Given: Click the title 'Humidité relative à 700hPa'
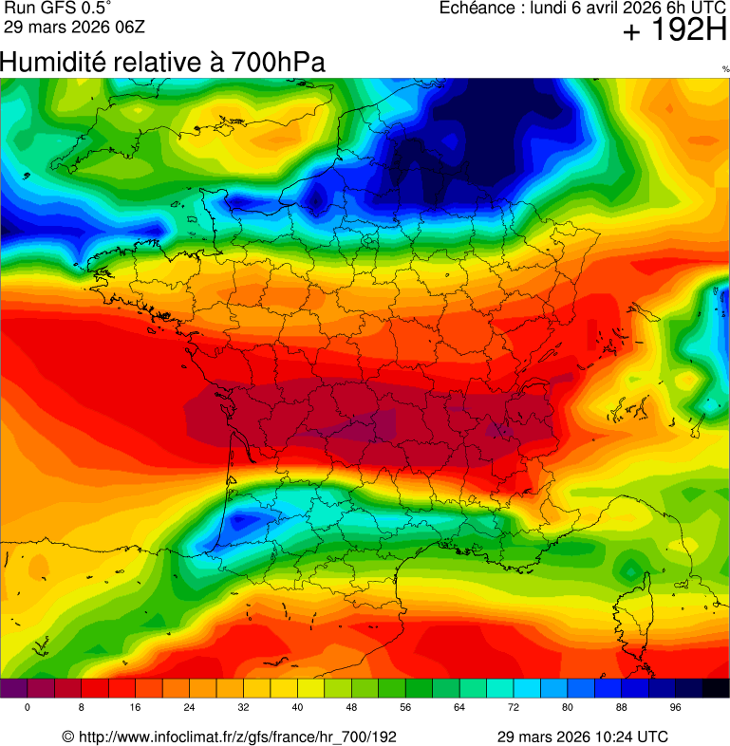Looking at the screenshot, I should coord(162,63).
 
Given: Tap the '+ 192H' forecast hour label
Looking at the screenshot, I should coord(674,32).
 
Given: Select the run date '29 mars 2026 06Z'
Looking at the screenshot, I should coord(68,27).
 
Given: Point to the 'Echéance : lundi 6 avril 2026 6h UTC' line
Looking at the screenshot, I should coord(583,9).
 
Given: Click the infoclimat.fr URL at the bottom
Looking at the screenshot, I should coord(229,737).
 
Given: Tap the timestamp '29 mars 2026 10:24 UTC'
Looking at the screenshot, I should coord(583,737).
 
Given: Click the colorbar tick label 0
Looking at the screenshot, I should coord(27,708).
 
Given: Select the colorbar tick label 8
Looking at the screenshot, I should coord(81,708).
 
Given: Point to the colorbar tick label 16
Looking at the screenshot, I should coord(135,708).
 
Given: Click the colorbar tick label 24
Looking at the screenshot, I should coord(189,708).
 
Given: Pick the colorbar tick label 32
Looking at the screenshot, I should coord(243,708).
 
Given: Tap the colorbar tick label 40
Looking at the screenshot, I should coord(297,708).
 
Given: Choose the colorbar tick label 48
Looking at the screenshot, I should coord(351,708).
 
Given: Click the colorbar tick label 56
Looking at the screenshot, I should coord(405,708).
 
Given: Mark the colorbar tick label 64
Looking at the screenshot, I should coord(459,708).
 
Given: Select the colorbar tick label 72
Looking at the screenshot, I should coord(514,708).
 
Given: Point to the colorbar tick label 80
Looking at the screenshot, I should coord(568,708).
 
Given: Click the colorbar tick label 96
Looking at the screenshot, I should coord(676,708).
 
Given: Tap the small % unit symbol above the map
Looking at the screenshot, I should coord(725,68).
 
